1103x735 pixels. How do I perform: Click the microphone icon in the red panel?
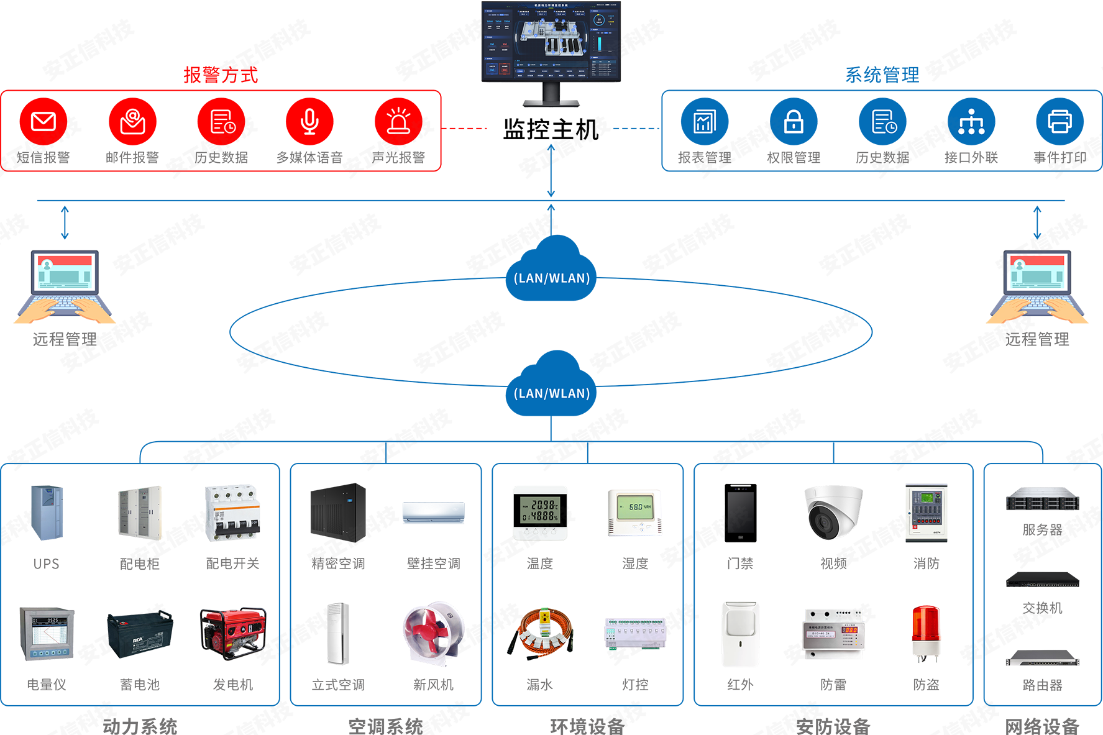[x=309, y=122]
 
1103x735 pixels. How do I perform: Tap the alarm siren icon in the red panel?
[x=398, y=121]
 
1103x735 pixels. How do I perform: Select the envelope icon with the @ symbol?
[x=132, y=122]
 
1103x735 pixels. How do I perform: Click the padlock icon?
[x=794, y=122]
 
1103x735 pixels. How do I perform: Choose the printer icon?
[x=1060, y=122]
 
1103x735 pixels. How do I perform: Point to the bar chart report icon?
[x=705, y=122]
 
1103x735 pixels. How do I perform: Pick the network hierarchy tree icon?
[x=971, y=122]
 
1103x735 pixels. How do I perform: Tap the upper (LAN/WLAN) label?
[x=552, y=278]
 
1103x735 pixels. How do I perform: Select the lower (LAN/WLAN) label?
[x=552, y=393]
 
